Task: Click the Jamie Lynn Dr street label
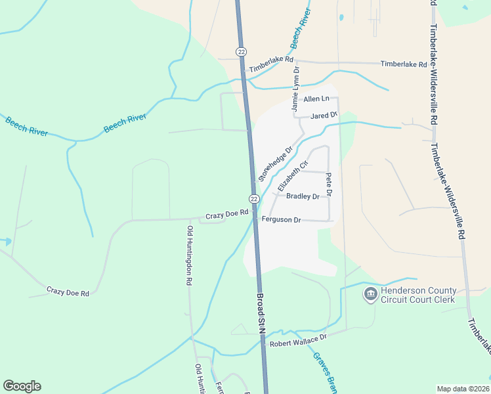click(x=295, y=88)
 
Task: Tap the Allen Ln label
click(x=316, y=98)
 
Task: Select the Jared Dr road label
click(x=323, y=115)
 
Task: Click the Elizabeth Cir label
click(x=295, y=175)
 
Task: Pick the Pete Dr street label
click(x=329, y=185)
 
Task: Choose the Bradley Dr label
click(x=302, y=196)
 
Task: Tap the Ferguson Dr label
click(x=281, y=219)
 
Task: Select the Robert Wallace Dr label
click(x=298, y=339)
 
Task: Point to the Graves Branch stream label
click(x=324, y=372)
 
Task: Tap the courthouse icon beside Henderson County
click(x=370, y=294)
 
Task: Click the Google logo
click(x=22, y=386)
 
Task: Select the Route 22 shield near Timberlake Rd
click(x=242, y=51)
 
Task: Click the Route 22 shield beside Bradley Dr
click(x=254, y=198)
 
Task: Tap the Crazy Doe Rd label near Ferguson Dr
click(x=226, y=213)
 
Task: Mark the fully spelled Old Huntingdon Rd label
click(x=189, y=255)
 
